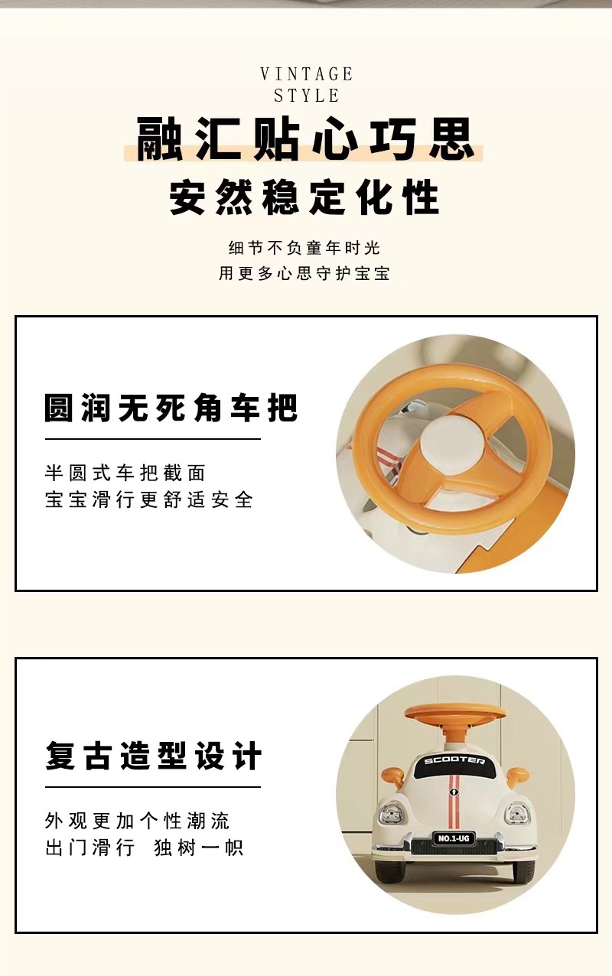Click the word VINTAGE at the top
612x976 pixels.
click(x=306, y=74)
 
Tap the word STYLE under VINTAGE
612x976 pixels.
click(x=306, y=96)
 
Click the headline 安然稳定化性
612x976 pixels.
click(x=305, y=197)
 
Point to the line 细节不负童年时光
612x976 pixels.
click(x=304, y=248)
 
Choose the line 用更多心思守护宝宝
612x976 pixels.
click(x=304, y=273)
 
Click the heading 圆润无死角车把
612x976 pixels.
click(x=171, y=408)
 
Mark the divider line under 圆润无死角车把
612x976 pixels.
click(x=153, y=439)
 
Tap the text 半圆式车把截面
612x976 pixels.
click(x=125, y=473)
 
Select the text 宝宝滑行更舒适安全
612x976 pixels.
click(x=149, y=500)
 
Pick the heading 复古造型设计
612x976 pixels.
click(x=153, y=756)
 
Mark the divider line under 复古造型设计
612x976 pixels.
click(x=153, y=786)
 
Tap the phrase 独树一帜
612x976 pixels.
click(x=199, y=847)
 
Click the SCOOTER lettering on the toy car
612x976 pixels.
click(x=454, y=761)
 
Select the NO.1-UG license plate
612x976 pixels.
click(x=454, y=838)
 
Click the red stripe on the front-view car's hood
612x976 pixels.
click(x=454, y=795)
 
